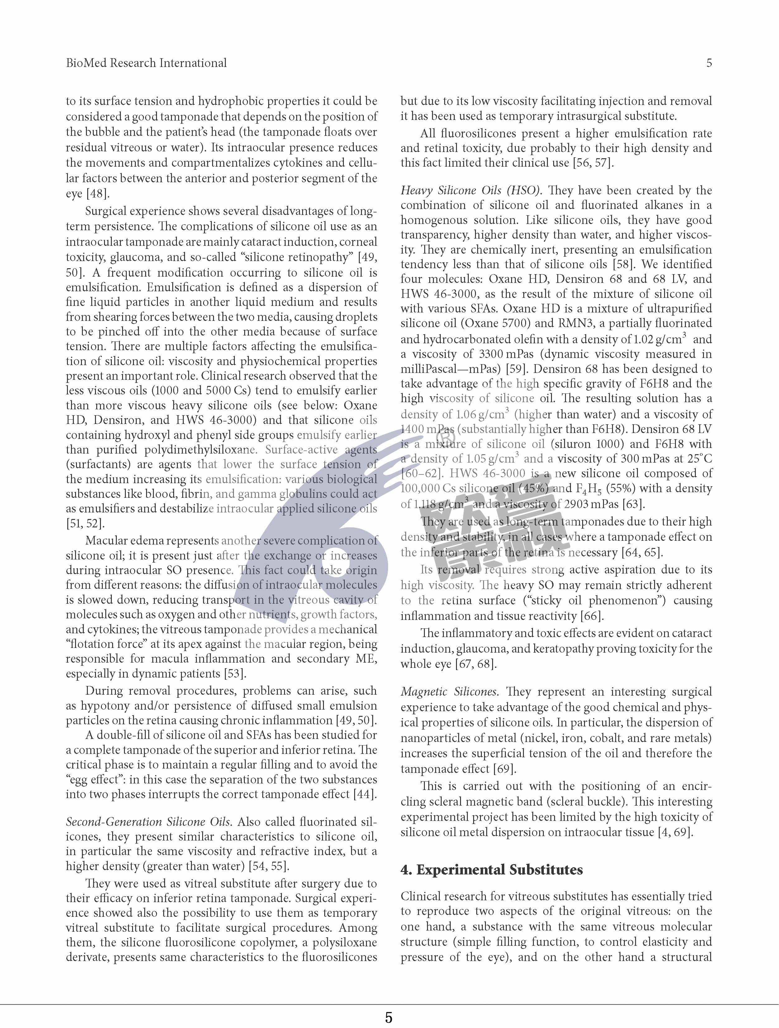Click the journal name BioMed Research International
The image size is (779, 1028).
tap(146, 63)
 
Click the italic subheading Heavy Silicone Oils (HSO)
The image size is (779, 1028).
tap(471, 191)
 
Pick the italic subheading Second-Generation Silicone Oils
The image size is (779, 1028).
tap(148, 822)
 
